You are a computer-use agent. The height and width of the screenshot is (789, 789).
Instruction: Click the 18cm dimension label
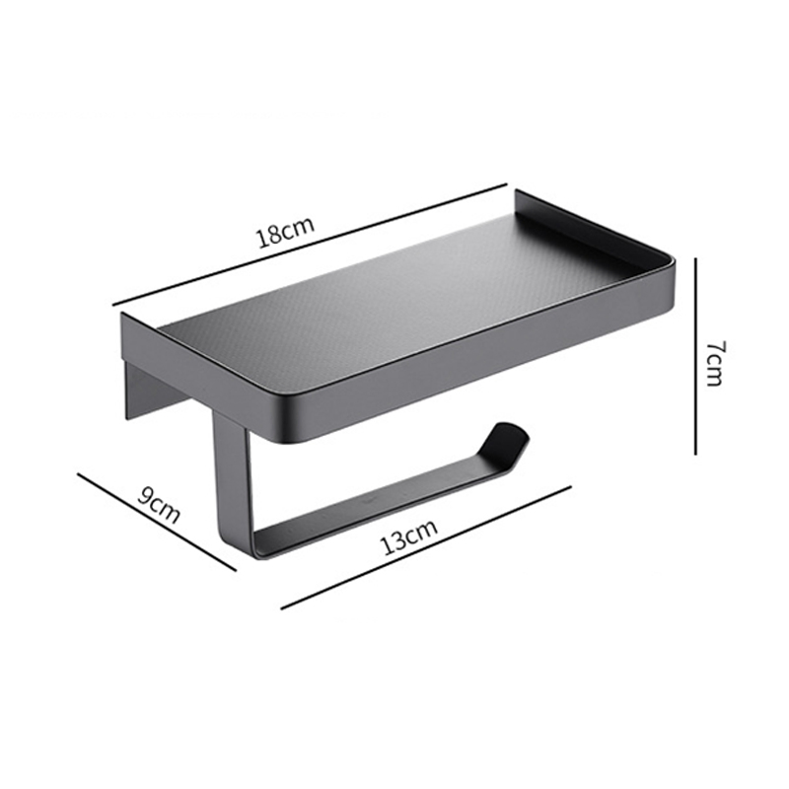pyautogui.click(x=285, y=234)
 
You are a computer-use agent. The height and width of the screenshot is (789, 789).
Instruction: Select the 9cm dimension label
pyautogui.click(x=159, y=503)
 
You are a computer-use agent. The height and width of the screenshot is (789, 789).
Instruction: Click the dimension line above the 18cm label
pyautogui.click(x=311, y=246)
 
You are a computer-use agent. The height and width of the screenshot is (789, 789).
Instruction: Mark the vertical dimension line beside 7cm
pyautogui.click(x=696, y=355)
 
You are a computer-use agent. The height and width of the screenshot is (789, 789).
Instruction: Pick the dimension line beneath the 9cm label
pyautogui.click(x=158, y=520)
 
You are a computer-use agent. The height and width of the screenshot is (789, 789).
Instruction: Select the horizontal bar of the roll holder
pyautogui.click(x=375, y=508)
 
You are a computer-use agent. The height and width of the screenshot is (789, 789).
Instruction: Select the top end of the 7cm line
pyautogui.click(x=696, y=258)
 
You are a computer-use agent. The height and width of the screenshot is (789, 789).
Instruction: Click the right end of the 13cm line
pyautogui.click(x=570, y=485)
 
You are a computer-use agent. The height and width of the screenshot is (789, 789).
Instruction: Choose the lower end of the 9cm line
pyautogui.click(x=237, y=569)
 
